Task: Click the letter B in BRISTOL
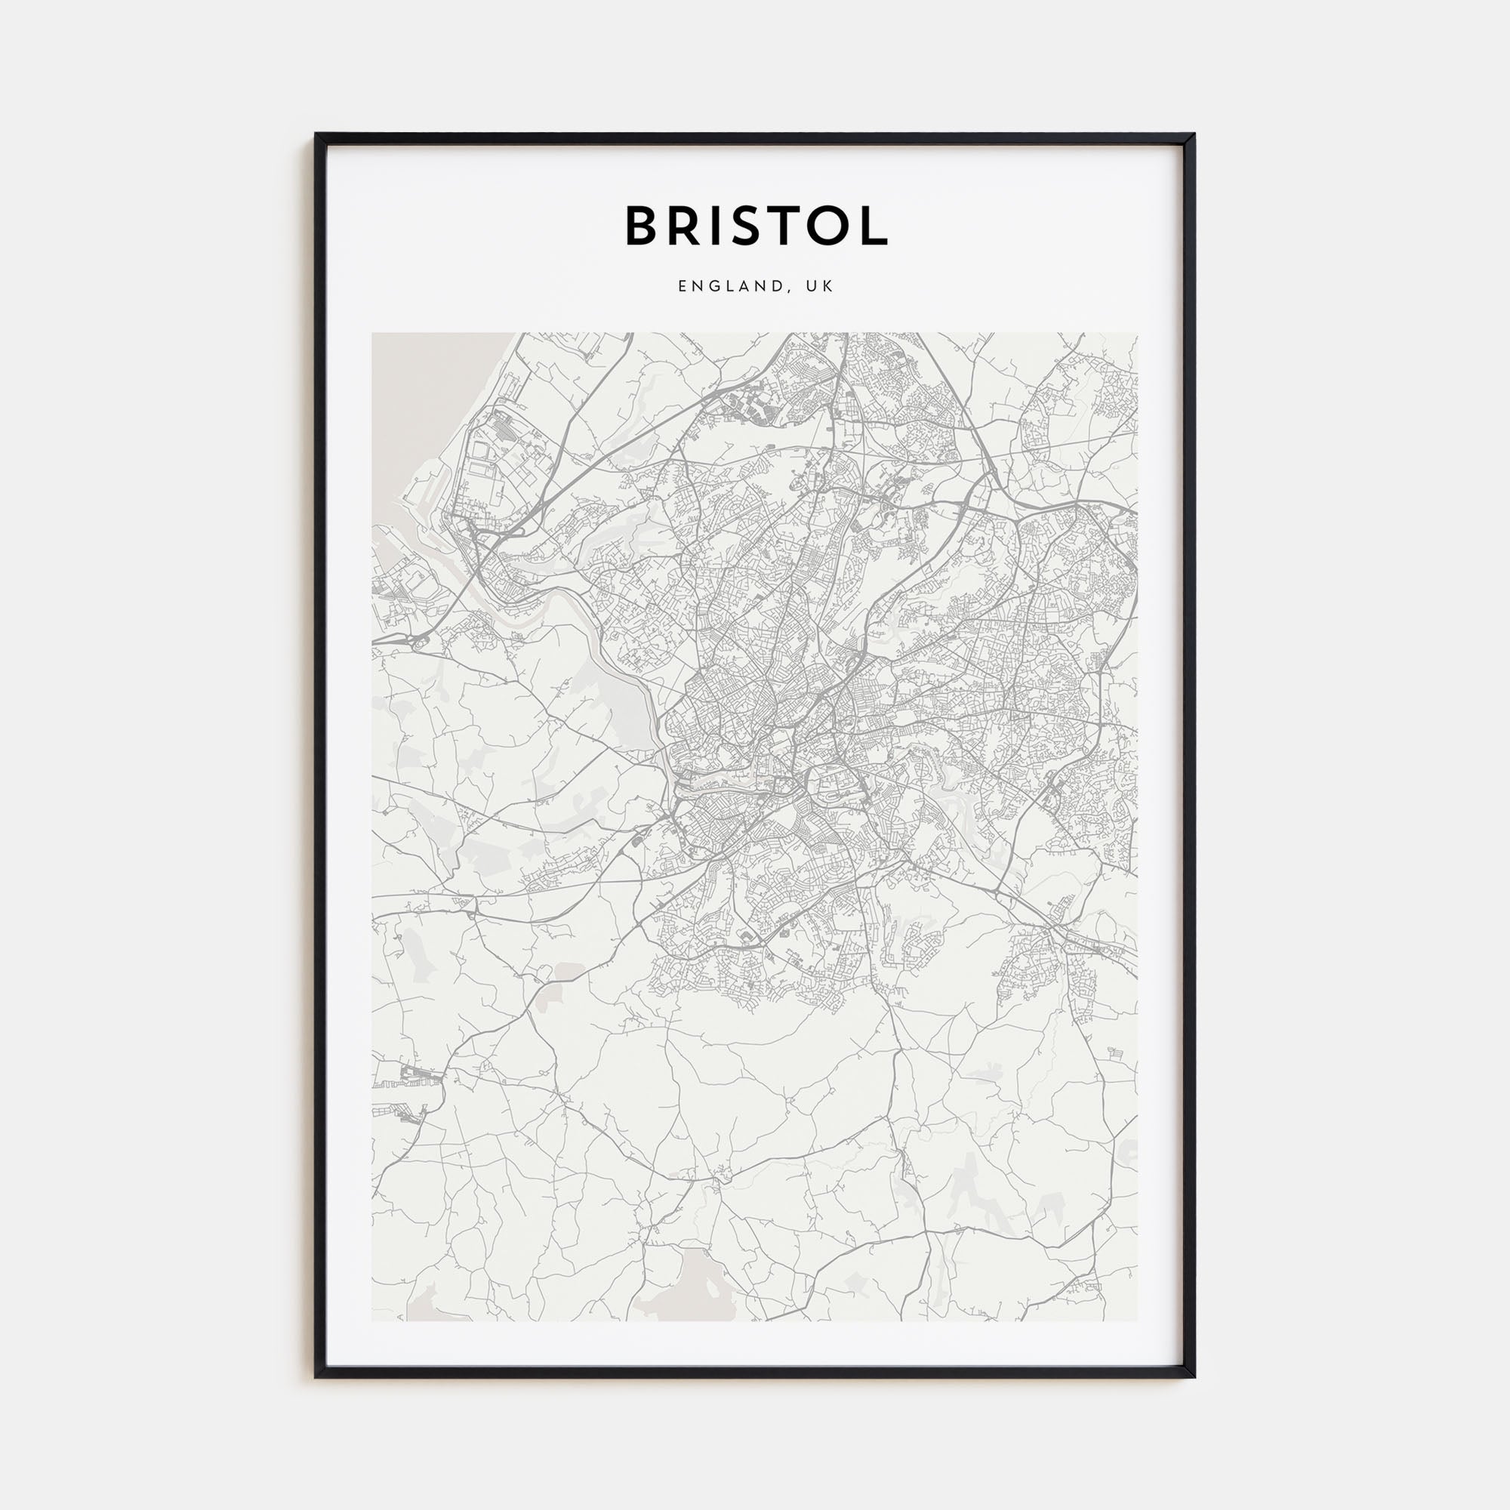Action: (x=642, y=226)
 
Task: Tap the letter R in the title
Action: (x=688, y=226)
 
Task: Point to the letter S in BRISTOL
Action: (x=753, y=226)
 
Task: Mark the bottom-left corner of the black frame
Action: (x=316, y=1376)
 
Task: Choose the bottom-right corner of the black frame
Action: (x=1194, y=1376)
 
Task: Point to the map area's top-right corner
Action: (x=1137, y=334)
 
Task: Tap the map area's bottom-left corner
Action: (x=373, y=1320)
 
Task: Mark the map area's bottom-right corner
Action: (x=1137, y=1320)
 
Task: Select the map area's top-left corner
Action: (x=373, y=334)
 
